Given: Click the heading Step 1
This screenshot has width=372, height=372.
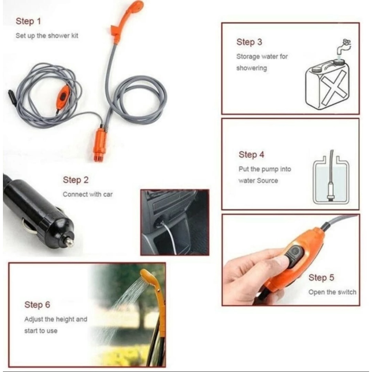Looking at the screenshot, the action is (28, 21).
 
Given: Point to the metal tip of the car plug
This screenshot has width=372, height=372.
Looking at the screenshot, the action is (69, 242).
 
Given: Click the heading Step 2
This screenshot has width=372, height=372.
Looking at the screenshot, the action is (76, 180).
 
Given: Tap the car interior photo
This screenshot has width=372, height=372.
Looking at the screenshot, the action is (175, 222).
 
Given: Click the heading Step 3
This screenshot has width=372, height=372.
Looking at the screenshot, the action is (249, 42).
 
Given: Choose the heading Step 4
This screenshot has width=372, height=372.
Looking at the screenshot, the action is (251, 154).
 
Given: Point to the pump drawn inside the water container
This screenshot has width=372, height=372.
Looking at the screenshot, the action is (331, 190).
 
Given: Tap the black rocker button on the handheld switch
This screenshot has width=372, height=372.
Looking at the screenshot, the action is (294, 255).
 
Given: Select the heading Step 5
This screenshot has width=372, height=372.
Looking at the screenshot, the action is (321, 278).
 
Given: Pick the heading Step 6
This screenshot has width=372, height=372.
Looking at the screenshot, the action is (37, 305).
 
